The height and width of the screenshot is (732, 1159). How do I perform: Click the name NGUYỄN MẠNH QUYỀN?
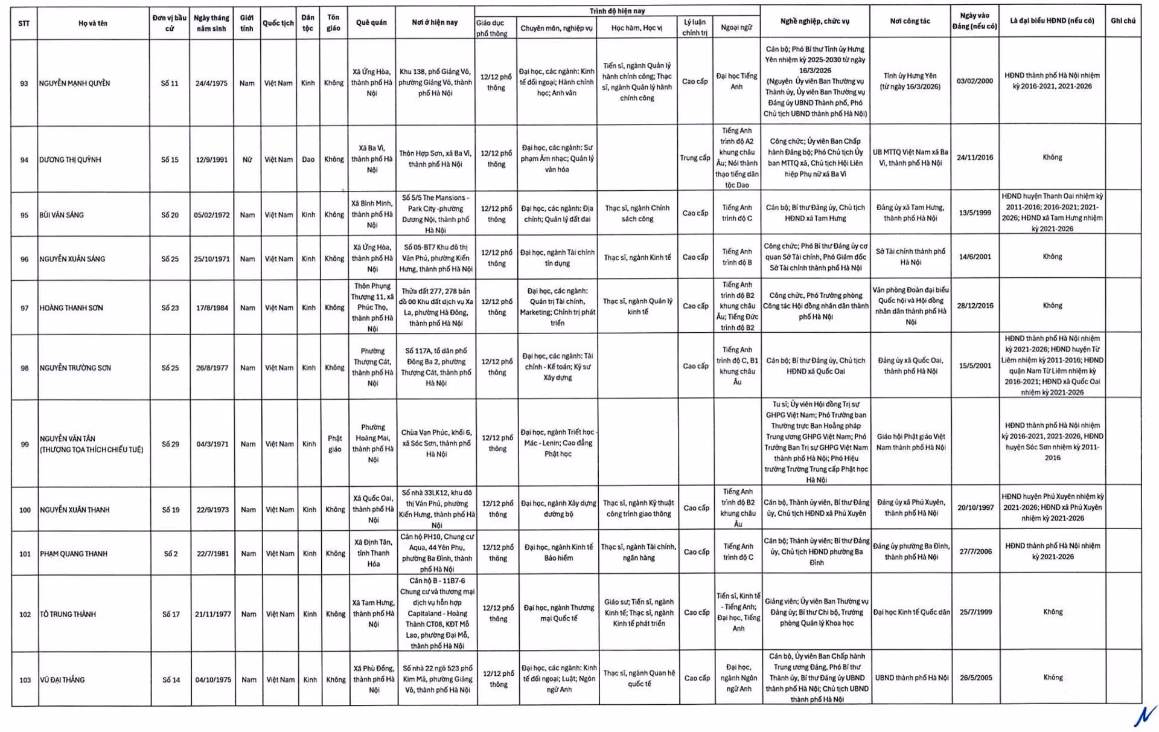tap(75, 83)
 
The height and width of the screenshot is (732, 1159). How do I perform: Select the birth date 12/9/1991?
tap(212, 160)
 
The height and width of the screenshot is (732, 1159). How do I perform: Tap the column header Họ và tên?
tap(93, 24)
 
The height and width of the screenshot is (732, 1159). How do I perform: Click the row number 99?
tap(25, 445)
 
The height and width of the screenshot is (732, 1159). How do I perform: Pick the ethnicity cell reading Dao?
tap(308, 160)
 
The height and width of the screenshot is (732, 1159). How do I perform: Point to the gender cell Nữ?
tap(247, 160)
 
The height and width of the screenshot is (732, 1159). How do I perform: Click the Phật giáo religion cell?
tap(334, 444)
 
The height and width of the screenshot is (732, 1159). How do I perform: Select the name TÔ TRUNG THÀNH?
tap(68, 615)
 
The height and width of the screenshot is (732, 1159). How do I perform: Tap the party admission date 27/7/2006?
tap(975, 552)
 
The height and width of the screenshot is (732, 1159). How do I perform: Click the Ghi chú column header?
tap(1123, 21)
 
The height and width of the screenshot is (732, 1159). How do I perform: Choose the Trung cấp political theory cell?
tap(695, 158)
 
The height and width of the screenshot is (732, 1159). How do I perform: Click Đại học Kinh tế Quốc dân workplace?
tap(912, 612)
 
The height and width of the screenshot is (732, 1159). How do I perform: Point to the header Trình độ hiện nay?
tap(617, 11)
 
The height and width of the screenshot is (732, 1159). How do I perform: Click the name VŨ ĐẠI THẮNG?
tap(63, 680)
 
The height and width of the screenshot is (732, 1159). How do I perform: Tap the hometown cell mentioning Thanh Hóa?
tap(373, 553)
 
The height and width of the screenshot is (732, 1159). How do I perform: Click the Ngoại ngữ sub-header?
tap(736, 28)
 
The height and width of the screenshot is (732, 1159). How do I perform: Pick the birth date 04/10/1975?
tap(213, 680)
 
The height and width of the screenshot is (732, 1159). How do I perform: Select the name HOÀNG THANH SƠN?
tap(71, 308)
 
